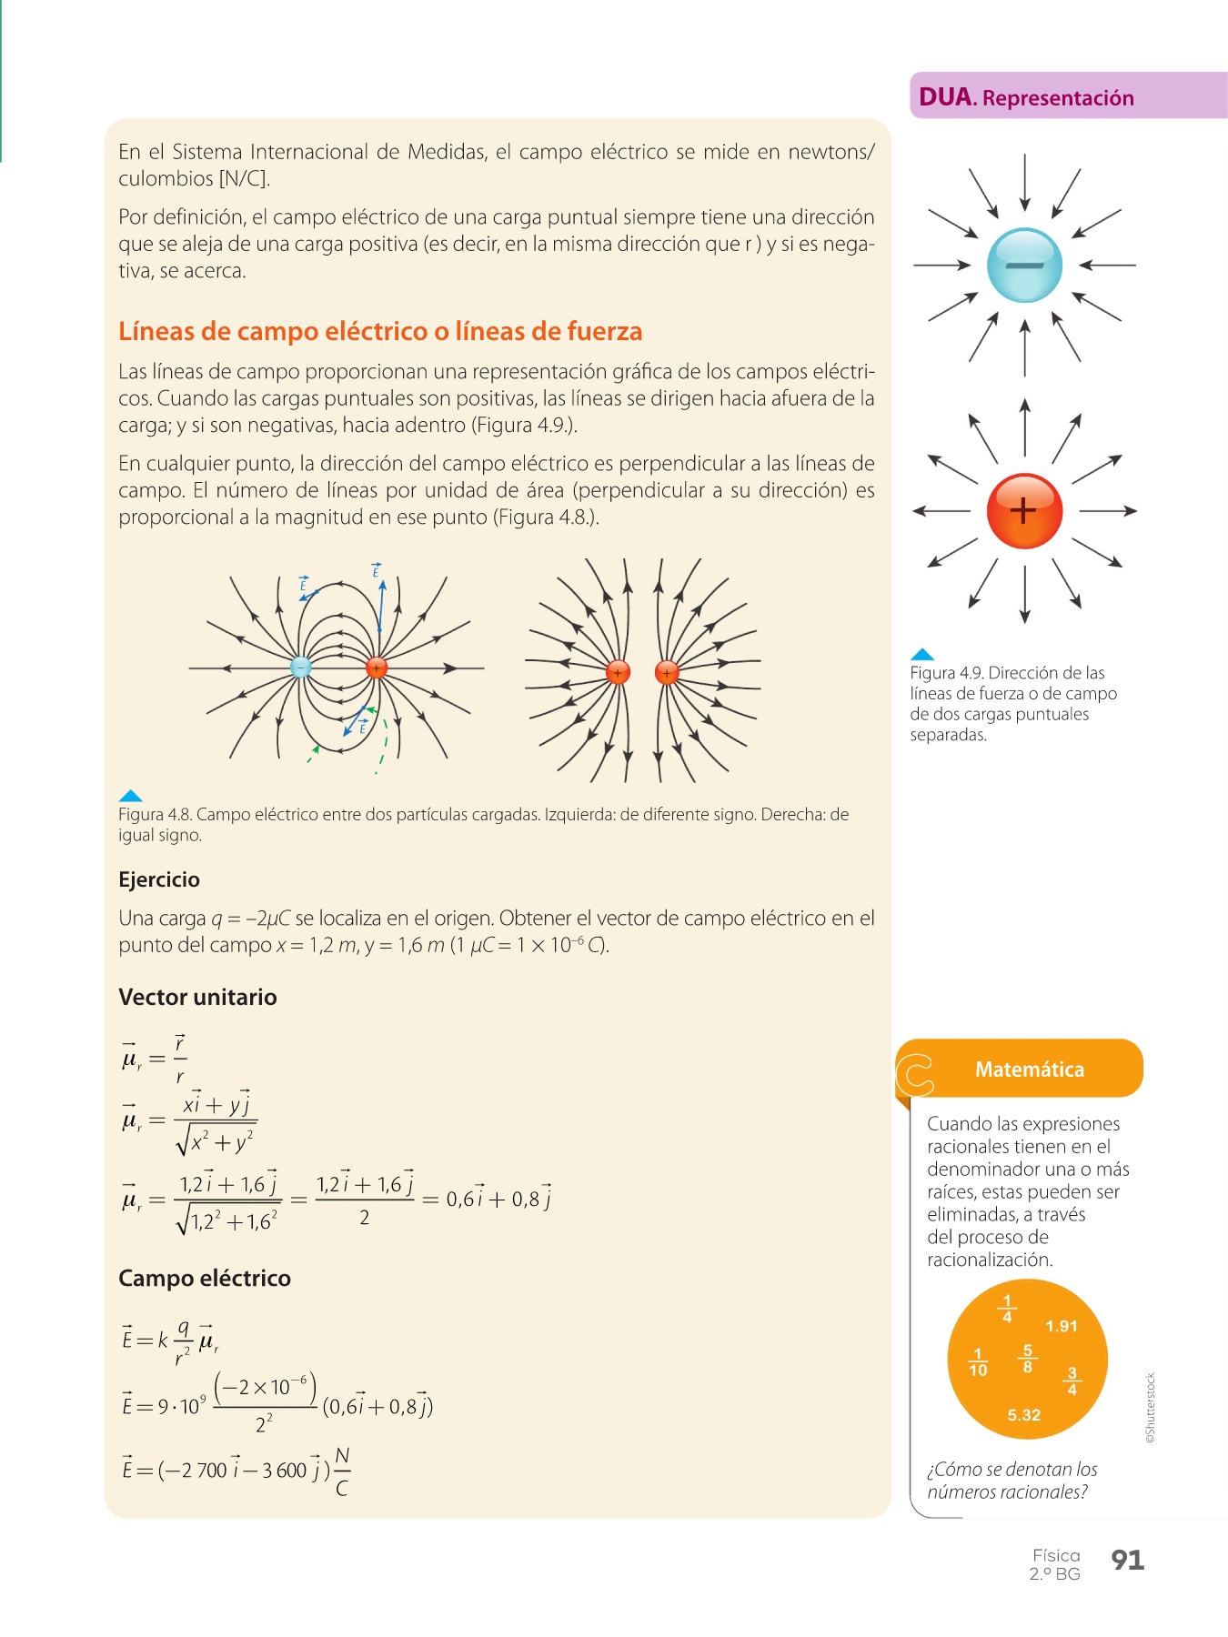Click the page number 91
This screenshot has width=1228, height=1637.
pyautogui.click(x=1127, y=1560)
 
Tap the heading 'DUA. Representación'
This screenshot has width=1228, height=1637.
pyautogui.click(x=1026, y=97)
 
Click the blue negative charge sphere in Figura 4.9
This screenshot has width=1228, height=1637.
pyautogui.click(x=1024, y=265)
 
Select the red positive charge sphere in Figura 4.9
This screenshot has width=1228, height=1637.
pyautogui.click(x=1024, y=510)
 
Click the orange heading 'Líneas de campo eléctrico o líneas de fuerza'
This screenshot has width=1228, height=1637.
pyautogui.click(x=380, y=331)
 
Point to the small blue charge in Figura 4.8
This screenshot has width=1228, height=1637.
pyautogui.click(x=300, y=668)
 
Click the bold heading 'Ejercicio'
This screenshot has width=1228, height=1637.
pyautogui.click(x=159, y=879)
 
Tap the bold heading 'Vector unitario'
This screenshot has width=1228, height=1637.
pyautogui.click(x=197, y=997)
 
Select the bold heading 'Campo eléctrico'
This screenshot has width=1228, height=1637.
pyautogui.click(x=205, y=1278)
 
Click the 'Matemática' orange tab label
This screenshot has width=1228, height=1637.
pyautogui.click(x=1029, y=1070)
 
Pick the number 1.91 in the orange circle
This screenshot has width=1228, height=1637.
pyautogui.click(x=1061, y=1326)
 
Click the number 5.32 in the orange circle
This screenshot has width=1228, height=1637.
pyautogui.click(x=1023, y=1415)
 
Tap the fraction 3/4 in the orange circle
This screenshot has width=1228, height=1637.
pyautogui.click(x=1072, y=1381)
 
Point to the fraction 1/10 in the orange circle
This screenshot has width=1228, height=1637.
pyautogui.click(x=978, y=1362)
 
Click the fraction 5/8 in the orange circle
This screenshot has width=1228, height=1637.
pyautogui.click(x=1028, y=1359)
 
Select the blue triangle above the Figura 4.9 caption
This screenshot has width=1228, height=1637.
pyautogui.click(x=921, y=654)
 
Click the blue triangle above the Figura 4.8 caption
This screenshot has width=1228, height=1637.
pyautogui.click(x=130, y=796)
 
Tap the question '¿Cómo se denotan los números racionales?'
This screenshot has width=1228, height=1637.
pyautogui.click(x=1012, y=1481)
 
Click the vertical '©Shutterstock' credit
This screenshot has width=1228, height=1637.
pyautogui.click(x=1151, y=1408)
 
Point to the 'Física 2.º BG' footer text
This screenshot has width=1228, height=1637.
pyautogui.click(x=1055, y=1564)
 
